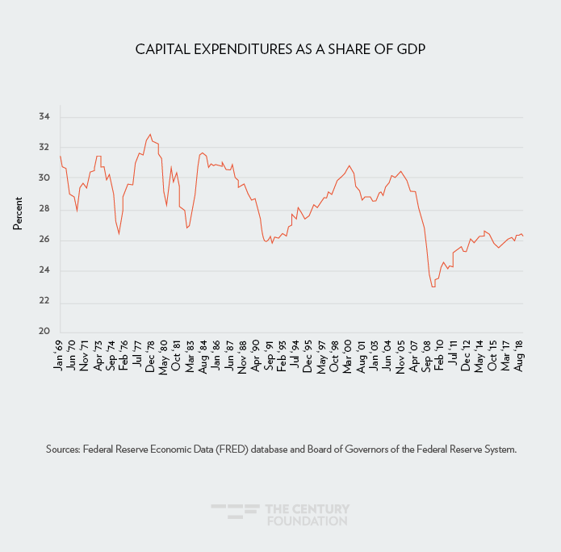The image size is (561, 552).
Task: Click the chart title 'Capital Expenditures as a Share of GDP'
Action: pos(280,50)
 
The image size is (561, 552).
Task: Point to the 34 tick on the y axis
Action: pos(44,117)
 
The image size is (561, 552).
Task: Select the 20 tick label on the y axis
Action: pos(44,332)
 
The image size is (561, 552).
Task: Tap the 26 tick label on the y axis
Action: pos(44,240)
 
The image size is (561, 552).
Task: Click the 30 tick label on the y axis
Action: pos(44,178)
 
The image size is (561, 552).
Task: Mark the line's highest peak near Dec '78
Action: pos(150,135)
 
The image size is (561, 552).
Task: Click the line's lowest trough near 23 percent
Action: pos(433,286)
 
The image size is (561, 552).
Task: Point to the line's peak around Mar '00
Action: pos(349,165)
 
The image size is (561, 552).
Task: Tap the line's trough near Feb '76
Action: pos(119,233)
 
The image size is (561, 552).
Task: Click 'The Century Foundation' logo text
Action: pos(307,515)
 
